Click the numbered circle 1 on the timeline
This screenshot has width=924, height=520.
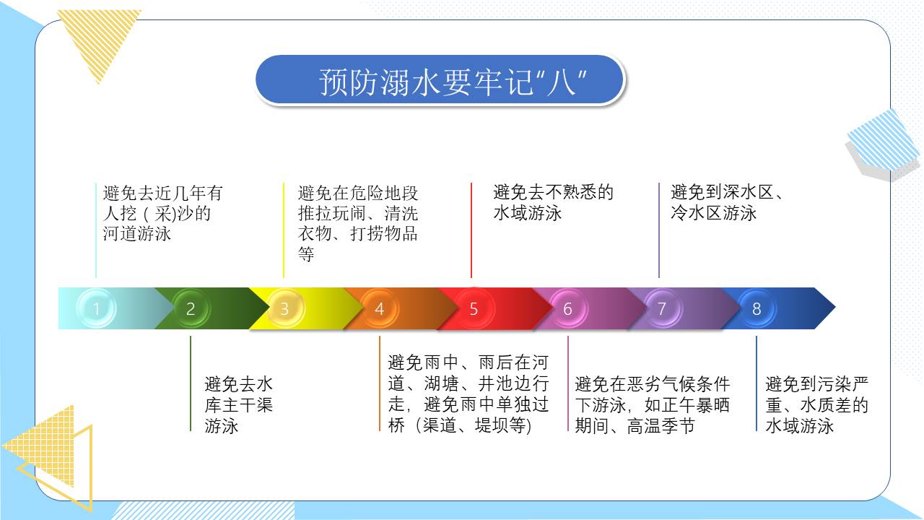[96, 309]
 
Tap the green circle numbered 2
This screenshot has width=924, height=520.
[191, 309]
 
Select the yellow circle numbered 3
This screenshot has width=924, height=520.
[284, 309]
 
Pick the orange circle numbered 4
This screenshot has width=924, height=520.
[380, 309]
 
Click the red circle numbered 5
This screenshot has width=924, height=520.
[474, 309]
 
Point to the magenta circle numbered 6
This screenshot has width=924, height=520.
[567, 309]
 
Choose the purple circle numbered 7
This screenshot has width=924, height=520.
[662, 309]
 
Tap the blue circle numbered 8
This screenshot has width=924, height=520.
[757, 309]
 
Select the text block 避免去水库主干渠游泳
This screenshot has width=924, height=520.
[239, 405]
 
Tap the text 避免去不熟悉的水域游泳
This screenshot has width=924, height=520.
[553, 202]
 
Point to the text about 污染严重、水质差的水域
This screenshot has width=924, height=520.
[816, 405]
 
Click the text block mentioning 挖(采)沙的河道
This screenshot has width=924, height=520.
[163, 213]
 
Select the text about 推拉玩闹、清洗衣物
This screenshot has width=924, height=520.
[358, 223]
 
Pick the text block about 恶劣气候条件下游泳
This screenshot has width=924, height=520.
[652, 405]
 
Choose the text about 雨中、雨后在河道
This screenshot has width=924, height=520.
[468, 394]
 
